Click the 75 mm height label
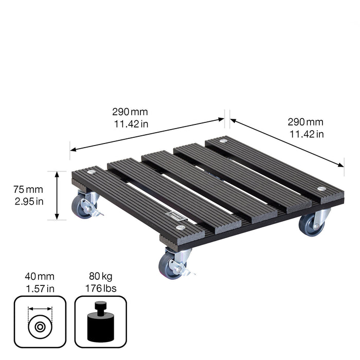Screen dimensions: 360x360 pos(29,189)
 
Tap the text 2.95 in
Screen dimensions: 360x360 pos(29,201)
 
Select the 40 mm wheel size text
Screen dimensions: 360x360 pos(40,277)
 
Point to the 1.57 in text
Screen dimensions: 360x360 pos(40,289)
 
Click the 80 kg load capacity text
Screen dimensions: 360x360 pos(101,277)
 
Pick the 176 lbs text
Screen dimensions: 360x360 pos(101,289)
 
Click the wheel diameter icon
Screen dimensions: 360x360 pos(40,321)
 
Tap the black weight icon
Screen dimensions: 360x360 pos(101,321)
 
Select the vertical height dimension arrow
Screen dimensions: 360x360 pos(58,195)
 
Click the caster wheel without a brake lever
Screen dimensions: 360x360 pos(311,224)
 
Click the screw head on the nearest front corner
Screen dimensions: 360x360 pos(180,227)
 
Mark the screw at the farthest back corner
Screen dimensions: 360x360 pos(224,140)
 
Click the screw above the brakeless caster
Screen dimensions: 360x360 pos(322,190)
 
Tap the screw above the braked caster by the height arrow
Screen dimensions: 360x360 pos(92,172)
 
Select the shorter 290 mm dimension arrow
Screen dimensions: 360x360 pos(287,142)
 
